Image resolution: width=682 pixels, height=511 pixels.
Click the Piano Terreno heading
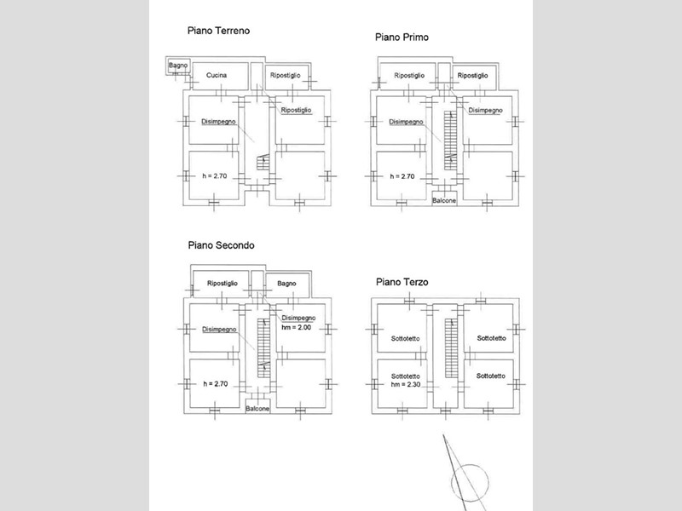click(x=218, y=31)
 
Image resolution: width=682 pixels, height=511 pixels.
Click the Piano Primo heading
click(x=402, y=37)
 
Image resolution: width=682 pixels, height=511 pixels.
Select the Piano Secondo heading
click(x=221, y=245)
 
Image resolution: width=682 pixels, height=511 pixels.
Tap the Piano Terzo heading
click(x=402, y=282)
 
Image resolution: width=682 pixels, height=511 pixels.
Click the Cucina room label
click(x=217, y=75)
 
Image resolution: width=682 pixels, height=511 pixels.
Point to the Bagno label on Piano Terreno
click(x=178, y=66)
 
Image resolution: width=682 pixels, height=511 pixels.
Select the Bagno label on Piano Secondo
click(x=286, y=284)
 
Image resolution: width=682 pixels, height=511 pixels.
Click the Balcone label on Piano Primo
click(x=444, y=200)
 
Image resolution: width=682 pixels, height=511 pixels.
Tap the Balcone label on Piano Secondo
click(x=257, y=409)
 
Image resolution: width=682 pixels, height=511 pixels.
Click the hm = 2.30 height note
click(x=406, y=384)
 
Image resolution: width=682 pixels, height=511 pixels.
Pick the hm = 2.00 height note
click(x=296, y=327)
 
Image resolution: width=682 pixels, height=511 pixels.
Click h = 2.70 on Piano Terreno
click(x=215, y=176)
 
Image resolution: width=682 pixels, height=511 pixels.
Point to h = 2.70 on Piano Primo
click(x=402, y=176)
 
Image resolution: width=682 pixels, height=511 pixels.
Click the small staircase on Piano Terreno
click(x=263, y=163)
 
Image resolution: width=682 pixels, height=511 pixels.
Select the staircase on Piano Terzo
click(x=451, y=348)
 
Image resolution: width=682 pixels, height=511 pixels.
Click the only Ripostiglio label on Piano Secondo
click(x=223, y=284)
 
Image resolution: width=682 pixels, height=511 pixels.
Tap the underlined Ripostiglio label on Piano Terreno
click(x=296, y=111)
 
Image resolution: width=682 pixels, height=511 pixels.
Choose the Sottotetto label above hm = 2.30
click(x=406, y=376)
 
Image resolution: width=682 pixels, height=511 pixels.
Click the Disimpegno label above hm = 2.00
click(x=298, y=318)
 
